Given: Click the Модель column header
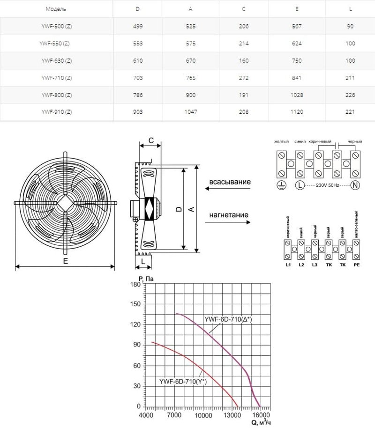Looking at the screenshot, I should point(56,9).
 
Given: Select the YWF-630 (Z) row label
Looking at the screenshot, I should point(56,60).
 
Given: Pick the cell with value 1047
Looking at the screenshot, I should point(193,112).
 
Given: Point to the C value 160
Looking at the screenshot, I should point(244,60).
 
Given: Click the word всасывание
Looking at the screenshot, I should point(230,182).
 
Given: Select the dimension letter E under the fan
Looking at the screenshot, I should point(65,261).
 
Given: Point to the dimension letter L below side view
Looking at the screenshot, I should point(143,260).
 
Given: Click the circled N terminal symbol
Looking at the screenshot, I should point(355,185).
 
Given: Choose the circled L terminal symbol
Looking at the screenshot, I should point(299,185).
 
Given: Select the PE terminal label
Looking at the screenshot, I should point(356,265).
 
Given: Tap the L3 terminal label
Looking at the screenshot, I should point(314,265).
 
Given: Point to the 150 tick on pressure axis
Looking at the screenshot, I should point(135,304).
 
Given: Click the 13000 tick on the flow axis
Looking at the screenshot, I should point(231,415).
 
